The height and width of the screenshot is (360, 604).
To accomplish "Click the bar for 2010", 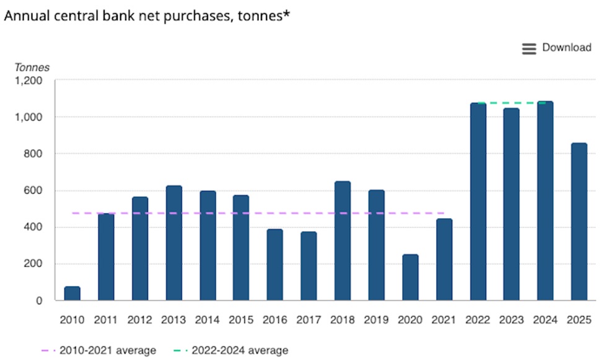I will point(72,294).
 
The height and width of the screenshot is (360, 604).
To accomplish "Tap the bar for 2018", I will point(343,241).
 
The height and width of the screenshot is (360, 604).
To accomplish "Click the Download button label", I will point(567,48).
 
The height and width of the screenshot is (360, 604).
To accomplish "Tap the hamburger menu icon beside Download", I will point(528,49).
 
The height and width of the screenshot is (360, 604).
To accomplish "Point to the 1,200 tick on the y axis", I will point(29,81).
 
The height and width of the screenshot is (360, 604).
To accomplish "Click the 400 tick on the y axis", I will point(34,227).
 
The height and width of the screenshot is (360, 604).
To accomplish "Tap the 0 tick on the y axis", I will point(39,301).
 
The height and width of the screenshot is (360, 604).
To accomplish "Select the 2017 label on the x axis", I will point(309,320).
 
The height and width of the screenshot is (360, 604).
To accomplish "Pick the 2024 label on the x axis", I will point(545,320).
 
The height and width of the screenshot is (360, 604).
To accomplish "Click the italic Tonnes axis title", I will point(32,68).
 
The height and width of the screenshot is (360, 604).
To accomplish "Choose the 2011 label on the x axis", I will point(107,320).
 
